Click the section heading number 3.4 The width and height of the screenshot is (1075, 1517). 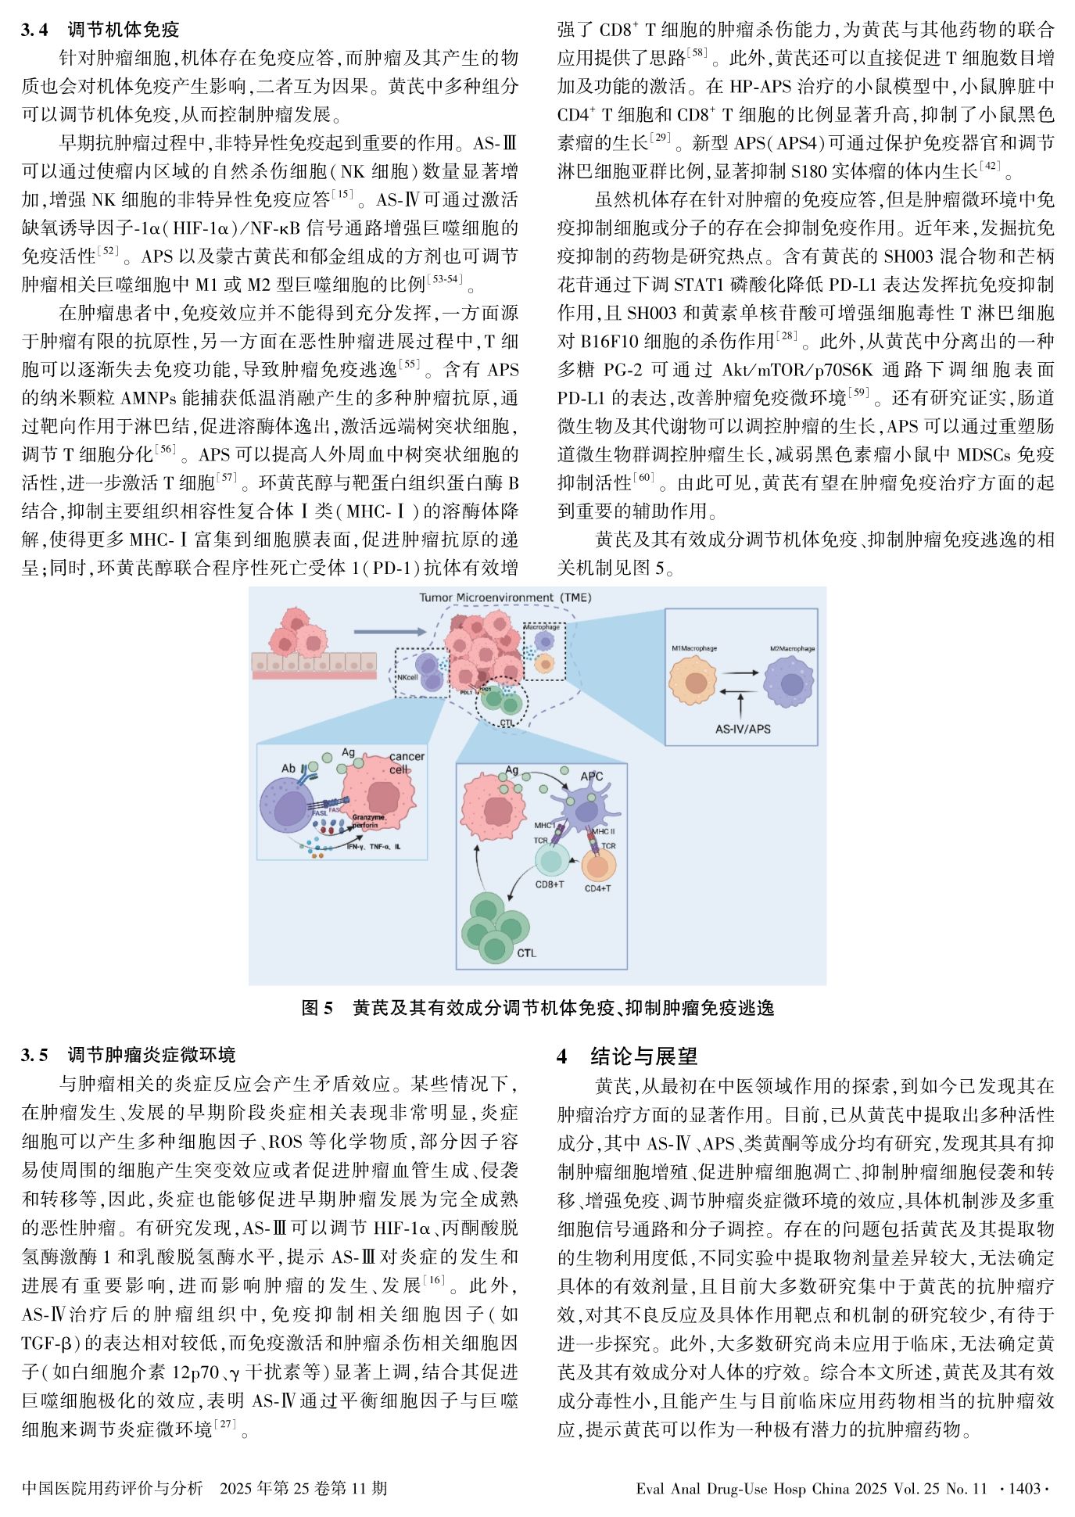(34, 30)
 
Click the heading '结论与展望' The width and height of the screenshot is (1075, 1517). (643, 1056)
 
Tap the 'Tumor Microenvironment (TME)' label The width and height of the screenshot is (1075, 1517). (505, 597)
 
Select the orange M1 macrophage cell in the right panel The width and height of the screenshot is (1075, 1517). (692, 680)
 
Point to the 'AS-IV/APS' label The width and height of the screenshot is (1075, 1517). (742, 729)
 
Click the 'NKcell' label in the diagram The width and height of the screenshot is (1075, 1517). (407, 678)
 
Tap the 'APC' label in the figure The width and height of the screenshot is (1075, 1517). (591, 776)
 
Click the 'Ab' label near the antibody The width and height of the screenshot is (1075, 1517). (288, 769)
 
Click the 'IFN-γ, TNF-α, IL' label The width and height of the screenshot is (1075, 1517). (373, 846)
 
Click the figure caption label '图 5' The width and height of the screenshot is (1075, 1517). (317, 1008)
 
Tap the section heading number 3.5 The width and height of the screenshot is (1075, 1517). (34, 1056)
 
